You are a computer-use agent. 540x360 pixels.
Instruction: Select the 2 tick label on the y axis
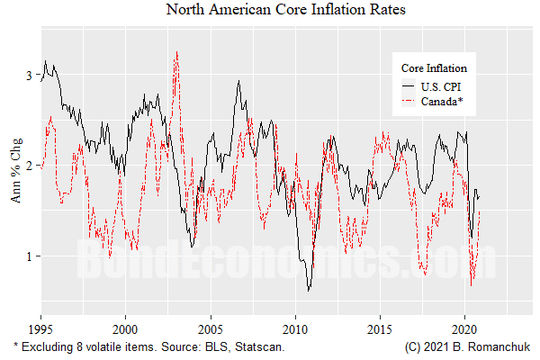(x=30, y=166)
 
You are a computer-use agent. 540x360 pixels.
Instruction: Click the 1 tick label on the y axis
(x=30, y=256)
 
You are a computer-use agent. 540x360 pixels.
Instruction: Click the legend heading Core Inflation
(x=434, y=68)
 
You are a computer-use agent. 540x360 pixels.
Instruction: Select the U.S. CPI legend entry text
(x=446, y=86)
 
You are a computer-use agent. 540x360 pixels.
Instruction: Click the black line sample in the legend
(x=410, y=86)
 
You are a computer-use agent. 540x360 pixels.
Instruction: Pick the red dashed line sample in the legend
(x=410, y=102)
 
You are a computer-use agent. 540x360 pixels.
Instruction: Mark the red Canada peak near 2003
(x=176, y=52)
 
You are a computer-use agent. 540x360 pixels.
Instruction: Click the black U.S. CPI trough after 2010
(x=309, y=290)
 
